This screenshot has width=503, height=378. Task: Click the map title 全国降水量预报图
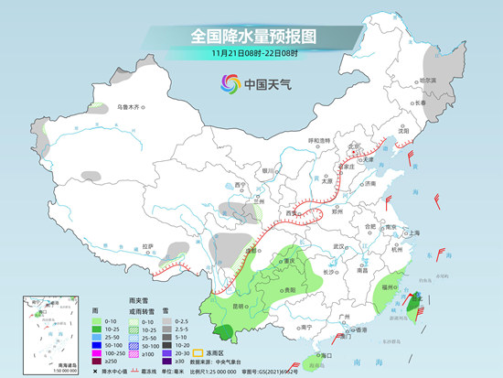[x=251, y=36]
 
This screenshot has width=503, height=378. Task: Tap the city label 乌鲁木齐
[x=131, y=107]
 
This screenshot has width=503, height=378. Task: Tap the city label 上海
[x=414, y=233]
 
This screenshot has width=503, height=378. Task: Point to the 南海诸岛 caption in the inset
[x=42, y=362]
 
